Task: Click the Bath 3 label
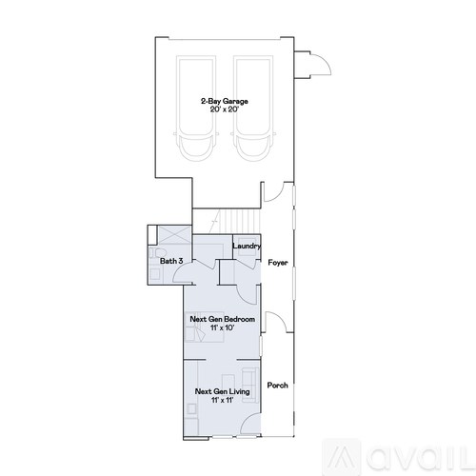(x=171, y=261)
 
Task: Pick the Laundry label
(x=246, y=247)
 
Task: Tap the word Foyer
(x=277, y=262)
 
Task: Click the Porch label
(x=277, y=386)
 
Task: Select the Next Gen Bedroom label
(x=222, y=320)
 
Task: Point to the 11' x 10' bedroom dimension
(x=222, y=328)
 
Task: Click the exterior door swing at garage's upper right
(x=315, y=64)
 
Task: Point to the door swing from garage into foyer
(x=272, y=190)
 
